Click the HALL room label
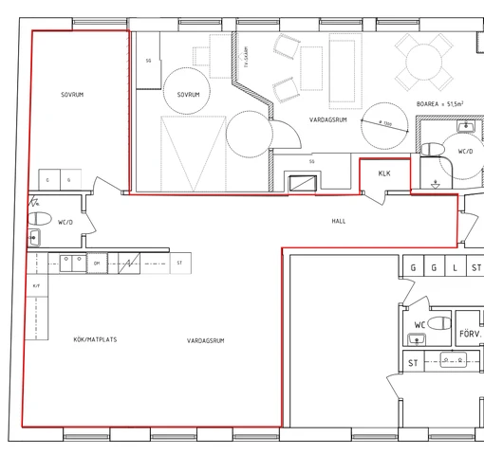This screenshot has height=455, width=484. (339, 221)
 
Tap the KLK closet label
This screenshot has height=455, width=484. (384, 173)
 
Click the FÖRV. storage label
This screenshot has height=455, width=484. (470, 334)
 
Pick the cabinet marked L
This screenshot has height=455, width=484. (456, 268)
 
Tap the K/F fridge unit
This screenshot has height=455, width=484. (37, 284)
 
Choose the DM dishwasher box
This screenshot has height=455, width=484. (96, 263)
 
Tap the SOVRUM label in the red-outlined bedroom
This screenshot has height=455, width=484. (74, 95)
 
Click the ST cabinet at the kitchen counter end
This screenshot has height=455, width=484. (177, 263)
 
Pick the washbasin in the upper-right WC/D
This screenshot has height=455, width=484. (464, 126)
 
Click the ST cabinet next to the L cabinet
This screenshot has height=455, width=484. (475, 268)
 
